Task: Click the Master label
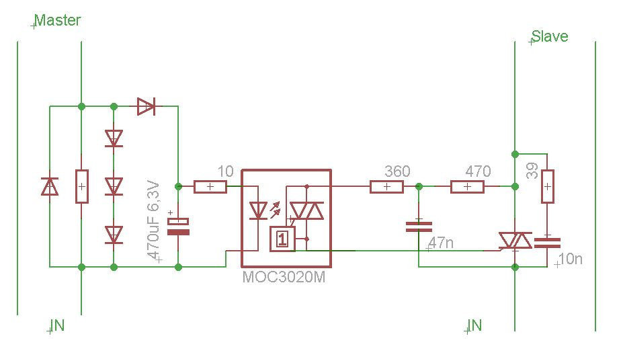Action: point(58,20)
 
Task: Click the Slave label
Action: point(550,36)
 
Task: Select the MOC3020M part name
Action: point(284,277)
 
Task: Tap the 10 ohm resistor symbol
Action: point(210,186)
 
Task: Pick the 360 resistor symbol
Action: point(386,186)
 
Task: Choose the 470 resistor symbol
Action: point(467,186)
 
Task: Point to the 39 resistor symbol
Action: point(548,186)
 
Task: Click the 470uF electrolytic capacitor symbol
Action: point(178,227)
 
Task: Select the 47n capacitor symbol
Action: point(419,227)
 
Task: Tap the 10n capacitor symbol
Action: point(548,243)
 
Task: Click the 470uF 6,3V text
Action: point(153,221)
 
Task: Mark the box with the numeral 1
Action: point(282,239)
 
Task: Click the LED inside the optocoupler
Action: point(258,210)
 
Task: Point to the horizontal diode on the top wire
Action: point(146,106)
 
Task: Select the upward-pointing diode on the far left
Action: point(50,186)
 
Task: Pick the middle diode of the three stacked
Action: point(114,186)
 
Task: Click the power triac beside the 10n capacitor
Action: point(515,241)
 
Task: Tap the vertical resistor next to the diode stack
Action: point(81,186)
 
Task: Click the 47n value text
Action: point(441,243)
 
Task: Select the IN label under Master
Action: point(58,325)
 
